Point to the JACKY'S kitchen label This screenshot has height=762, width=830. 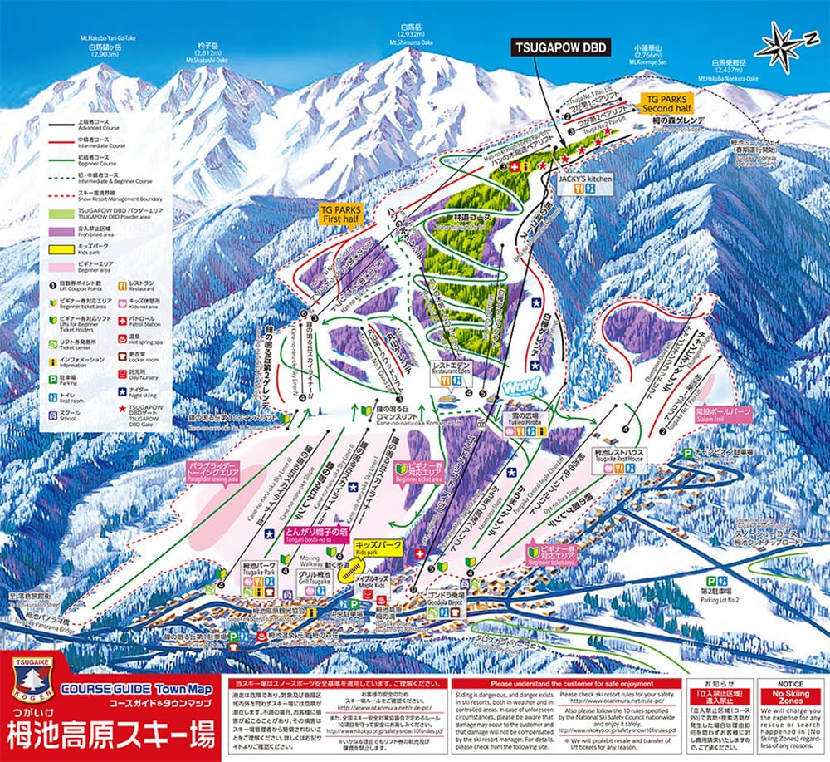(584, 179)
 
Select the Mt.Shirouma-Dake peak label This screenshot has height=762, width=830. (413, 37)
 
